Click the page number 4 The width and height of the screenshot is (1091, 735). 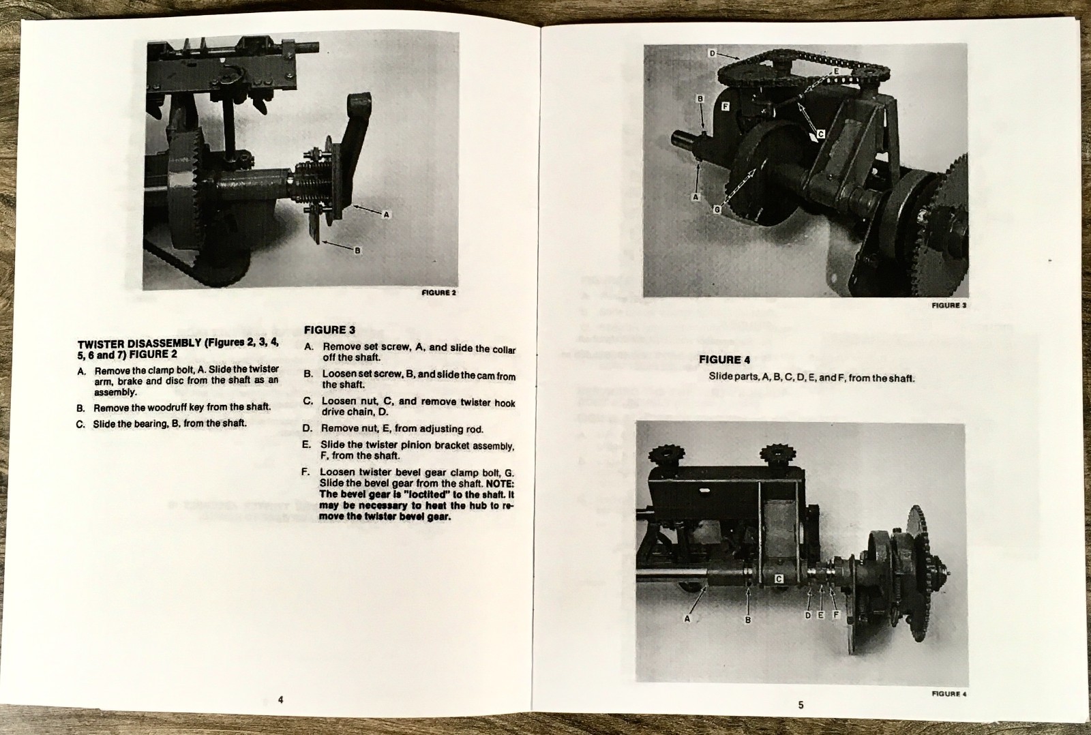(280, 700)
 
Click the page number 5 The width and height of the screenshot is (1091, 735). (801, 704)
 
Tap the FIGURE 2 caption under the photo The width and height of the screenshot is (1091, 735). (438, 292)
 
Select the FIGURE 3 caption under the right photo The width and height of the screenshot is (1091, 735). (948, 305)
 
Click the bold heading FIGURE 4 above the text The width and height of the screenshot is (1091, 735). (724, 359)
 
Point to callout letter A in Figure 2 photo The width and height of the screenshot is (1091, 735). (386, 214)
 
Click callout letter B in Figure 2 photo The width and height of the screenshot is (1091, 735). (357, 251)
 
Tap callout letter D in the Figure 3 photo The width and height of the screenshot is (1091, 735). (712, 53)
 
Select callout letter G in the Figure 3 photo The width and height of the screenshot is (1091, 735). (717, 210)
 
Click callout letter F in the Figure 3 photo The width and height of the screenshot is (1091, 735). (725, 106)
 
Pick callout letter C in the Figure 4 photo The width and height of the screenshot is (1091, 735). (779, 579)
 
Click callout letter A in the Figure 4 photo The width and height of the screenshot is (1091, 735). (687, 618)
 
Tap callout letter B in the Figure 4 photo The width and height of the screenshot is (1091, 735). (747, 620)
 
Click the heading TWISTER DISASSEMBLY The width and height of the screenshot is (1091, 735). (140, 344)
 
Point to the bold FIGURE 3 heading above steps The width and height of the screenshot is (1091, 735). (329, 330)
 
